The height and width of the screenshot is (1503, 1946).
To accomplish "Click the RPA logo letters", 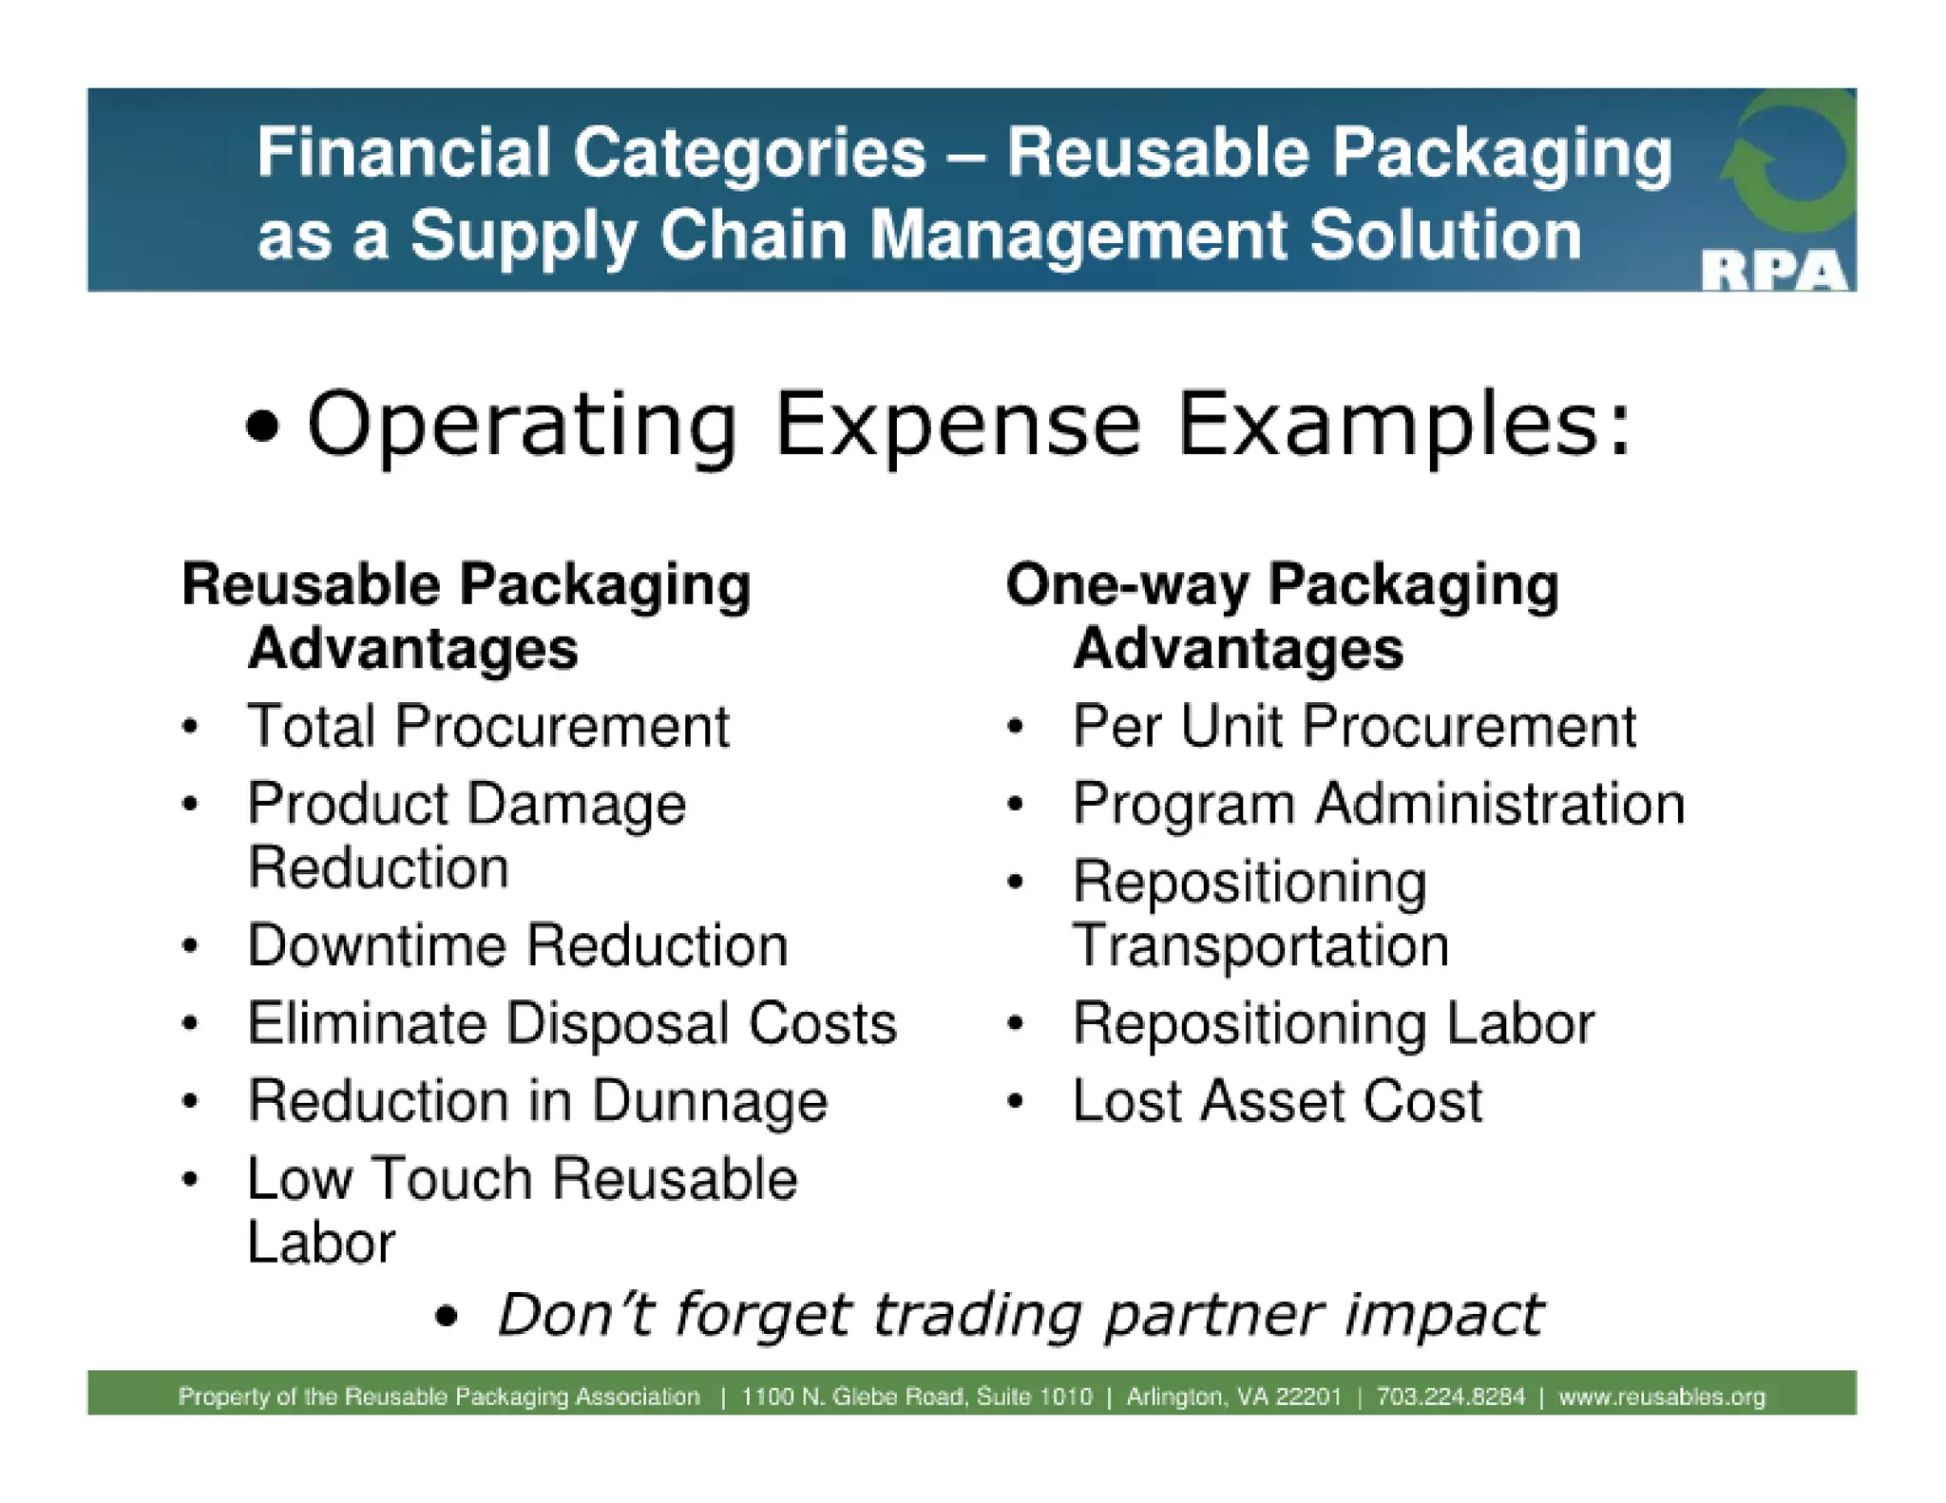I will (x=1773, y=273).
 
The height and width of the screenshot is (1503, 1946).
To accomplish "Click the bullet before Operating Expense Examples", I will (x=263, y=427).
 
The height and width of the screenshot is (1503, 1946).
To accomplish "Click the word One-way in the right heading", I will (x=1127, y=584).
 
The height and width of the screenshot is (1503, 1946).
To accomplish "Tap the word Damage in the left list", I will (x=596, y=806).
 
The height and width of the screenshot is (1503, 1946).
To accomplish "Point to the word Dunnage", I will (x=709, y=1102).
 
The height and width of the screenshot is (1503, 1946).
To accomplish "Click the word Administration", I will (x=1500, y=805).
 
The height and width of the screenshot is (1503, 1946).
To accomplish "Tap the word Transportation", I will (x=1261, y=946).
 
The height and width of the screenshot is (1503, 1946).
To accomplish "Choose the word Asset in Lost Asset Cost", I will (x=1272, y=1102).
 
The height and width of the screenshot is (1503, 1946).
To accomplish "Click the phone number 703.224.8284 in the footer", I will (x=1450, y=1397).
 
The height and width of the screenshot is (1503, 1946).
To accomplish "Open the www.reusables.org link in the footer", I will (x=1662, y=1397).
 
